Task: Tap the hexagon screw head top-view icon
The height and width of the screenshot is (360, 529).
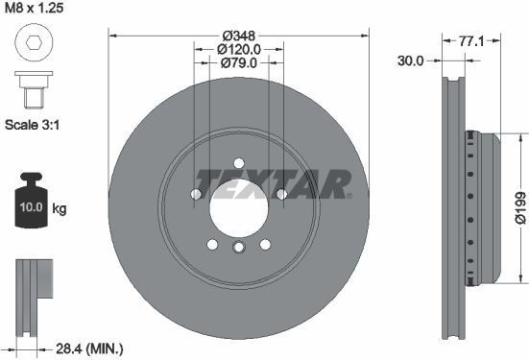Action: (32, 44)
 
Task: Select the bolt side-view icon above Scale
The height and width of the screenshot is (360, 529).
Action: (32, 91)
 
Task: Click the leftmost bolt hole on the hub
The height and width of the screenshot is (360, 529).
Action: (196, 195)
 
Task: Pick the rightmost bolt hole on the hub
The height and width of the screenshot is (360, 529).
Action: (280, 195)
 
